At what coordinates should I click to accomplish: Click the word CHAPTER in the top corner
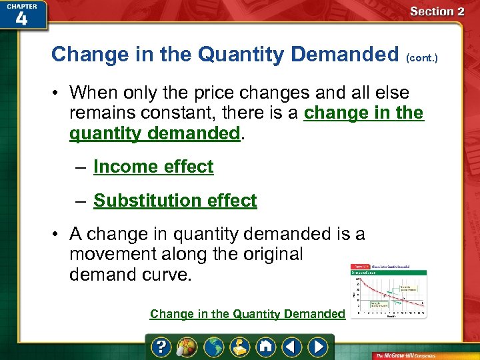[21, 5]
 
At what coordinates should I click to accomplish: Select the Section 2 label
[437, 11]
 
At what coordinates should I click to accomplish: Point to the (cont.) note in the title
[423, 58]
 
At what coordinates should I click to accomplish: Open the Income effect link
[153, 167]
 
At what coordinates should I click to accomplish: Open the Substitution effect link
[175, 201]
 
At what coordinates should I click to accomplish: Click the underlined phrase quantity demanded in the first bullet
[154, 133]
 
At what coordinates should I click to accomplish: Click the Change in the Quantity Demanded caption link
[247, 313]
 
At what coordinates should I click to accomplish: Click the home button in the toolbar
[265, 347]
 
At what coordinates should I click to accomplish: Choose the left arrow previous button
[291, 347]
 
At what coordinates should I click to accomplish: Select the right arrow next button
[319, 347]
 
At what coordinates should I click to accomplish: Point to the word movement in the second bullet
[113, 254]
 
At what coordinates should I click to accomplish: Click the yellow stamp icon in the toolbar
[240, 347]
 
